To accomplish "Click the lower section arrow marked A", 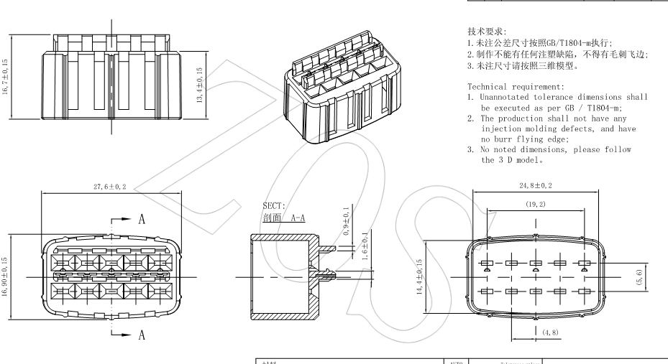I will (129, 333).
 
